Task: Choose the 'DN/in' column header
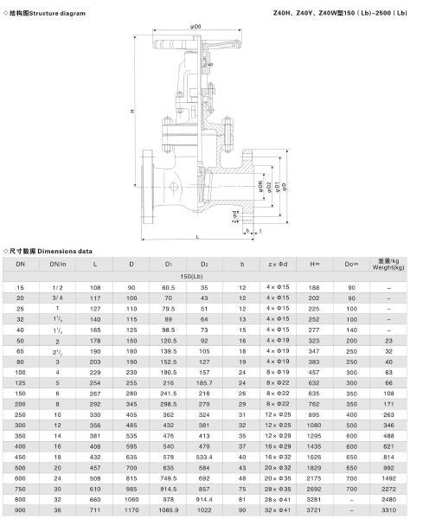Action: [x=57, y=263]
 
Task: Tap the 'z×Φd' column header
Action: [x=278, y=263]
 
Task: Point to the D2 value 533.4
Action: [x=205, y=455]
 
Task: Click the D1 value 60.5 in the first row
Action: [x=169, y=286]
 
